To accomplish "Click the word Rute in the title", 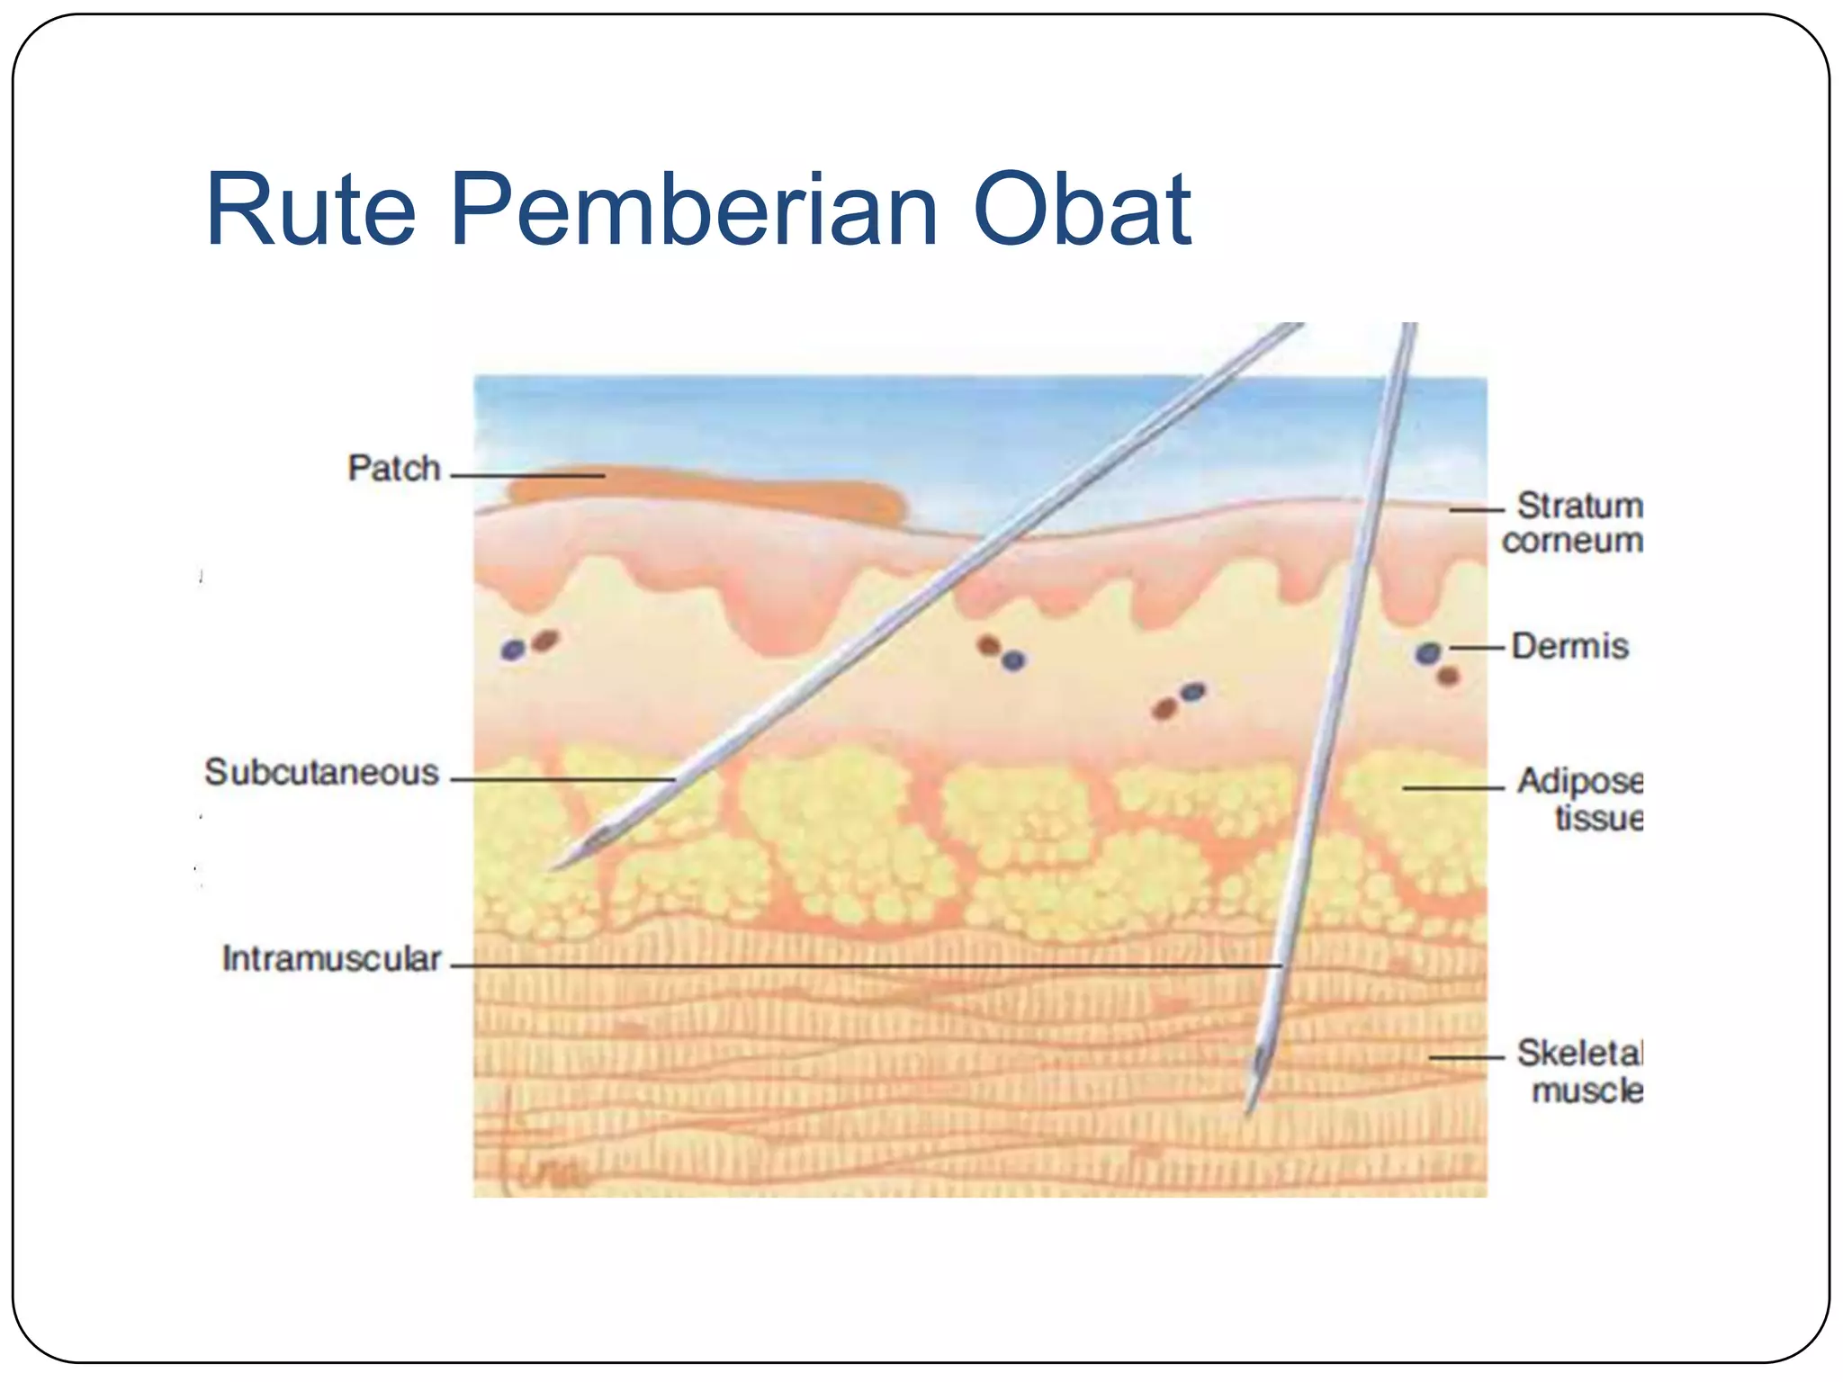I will point(311,211).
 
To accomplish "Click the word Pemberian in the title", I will point(694,211).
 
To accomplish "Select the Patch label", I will point(394,469).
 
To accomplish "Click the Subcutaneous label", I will point(321,773).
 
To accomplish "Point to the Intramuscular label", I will point(331,959).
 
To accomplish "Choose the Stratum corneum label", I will point(1573,523).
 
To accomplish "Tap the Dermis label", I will point(1569,646).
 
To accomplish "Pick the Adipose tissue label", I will point(1581,799).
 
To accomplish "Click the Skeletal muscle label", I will point(1581,1072).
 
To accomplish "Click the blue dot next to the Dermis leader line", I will point(1428,653).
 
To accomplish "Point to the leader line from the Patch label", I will point(526,475).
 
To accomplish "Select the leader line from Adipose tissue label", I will point(1452,788).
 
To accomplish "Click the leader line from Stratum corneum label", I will point(1476,510).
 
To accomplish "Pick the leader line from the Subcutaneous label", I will point(562,779).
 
